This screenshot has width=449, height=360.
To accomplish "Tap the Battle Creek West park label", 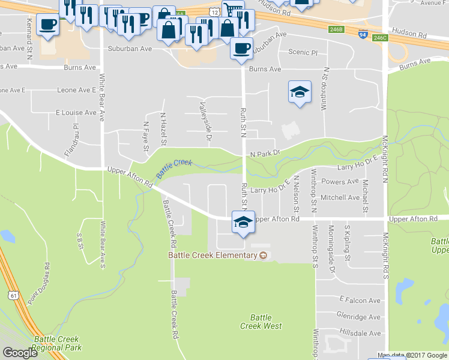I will pos(261,322).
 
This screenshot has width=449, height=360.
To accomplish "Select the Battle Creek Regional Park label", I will pos(57,343).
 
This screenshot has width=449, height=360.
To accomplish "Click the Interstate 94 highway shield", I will pos(363,34).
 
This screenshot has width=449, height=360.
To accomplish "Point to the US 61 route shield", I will pos(13,295).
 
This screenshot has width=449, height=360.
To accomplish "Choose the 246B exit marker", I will pos(336,28).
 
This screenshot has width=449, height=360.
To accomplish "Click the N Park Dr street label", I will pos(265,154).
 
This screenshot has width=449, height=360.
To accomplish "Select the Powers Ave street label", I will pos(340,182).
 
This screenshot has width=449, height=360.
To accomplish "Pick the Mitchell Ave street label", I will pos(340,197).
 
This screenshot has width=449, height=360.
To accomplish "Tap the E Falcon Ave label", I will pos(360,300).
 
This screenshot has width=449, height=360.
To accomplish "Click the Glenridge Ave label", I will pos(358,317).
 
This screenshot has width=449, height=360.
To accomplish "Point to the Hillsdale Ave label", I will pos(358,333).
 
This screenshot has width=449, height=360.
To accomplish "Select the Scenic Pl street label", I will pos(303,52).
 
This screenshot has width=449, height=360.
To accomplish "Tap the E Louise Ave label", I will pos(76,113).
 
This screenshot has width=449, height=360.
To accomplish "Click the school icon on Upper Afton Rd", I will pos(242,222).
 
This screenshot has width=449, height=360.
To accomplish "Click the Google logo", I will pos(20,353).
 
